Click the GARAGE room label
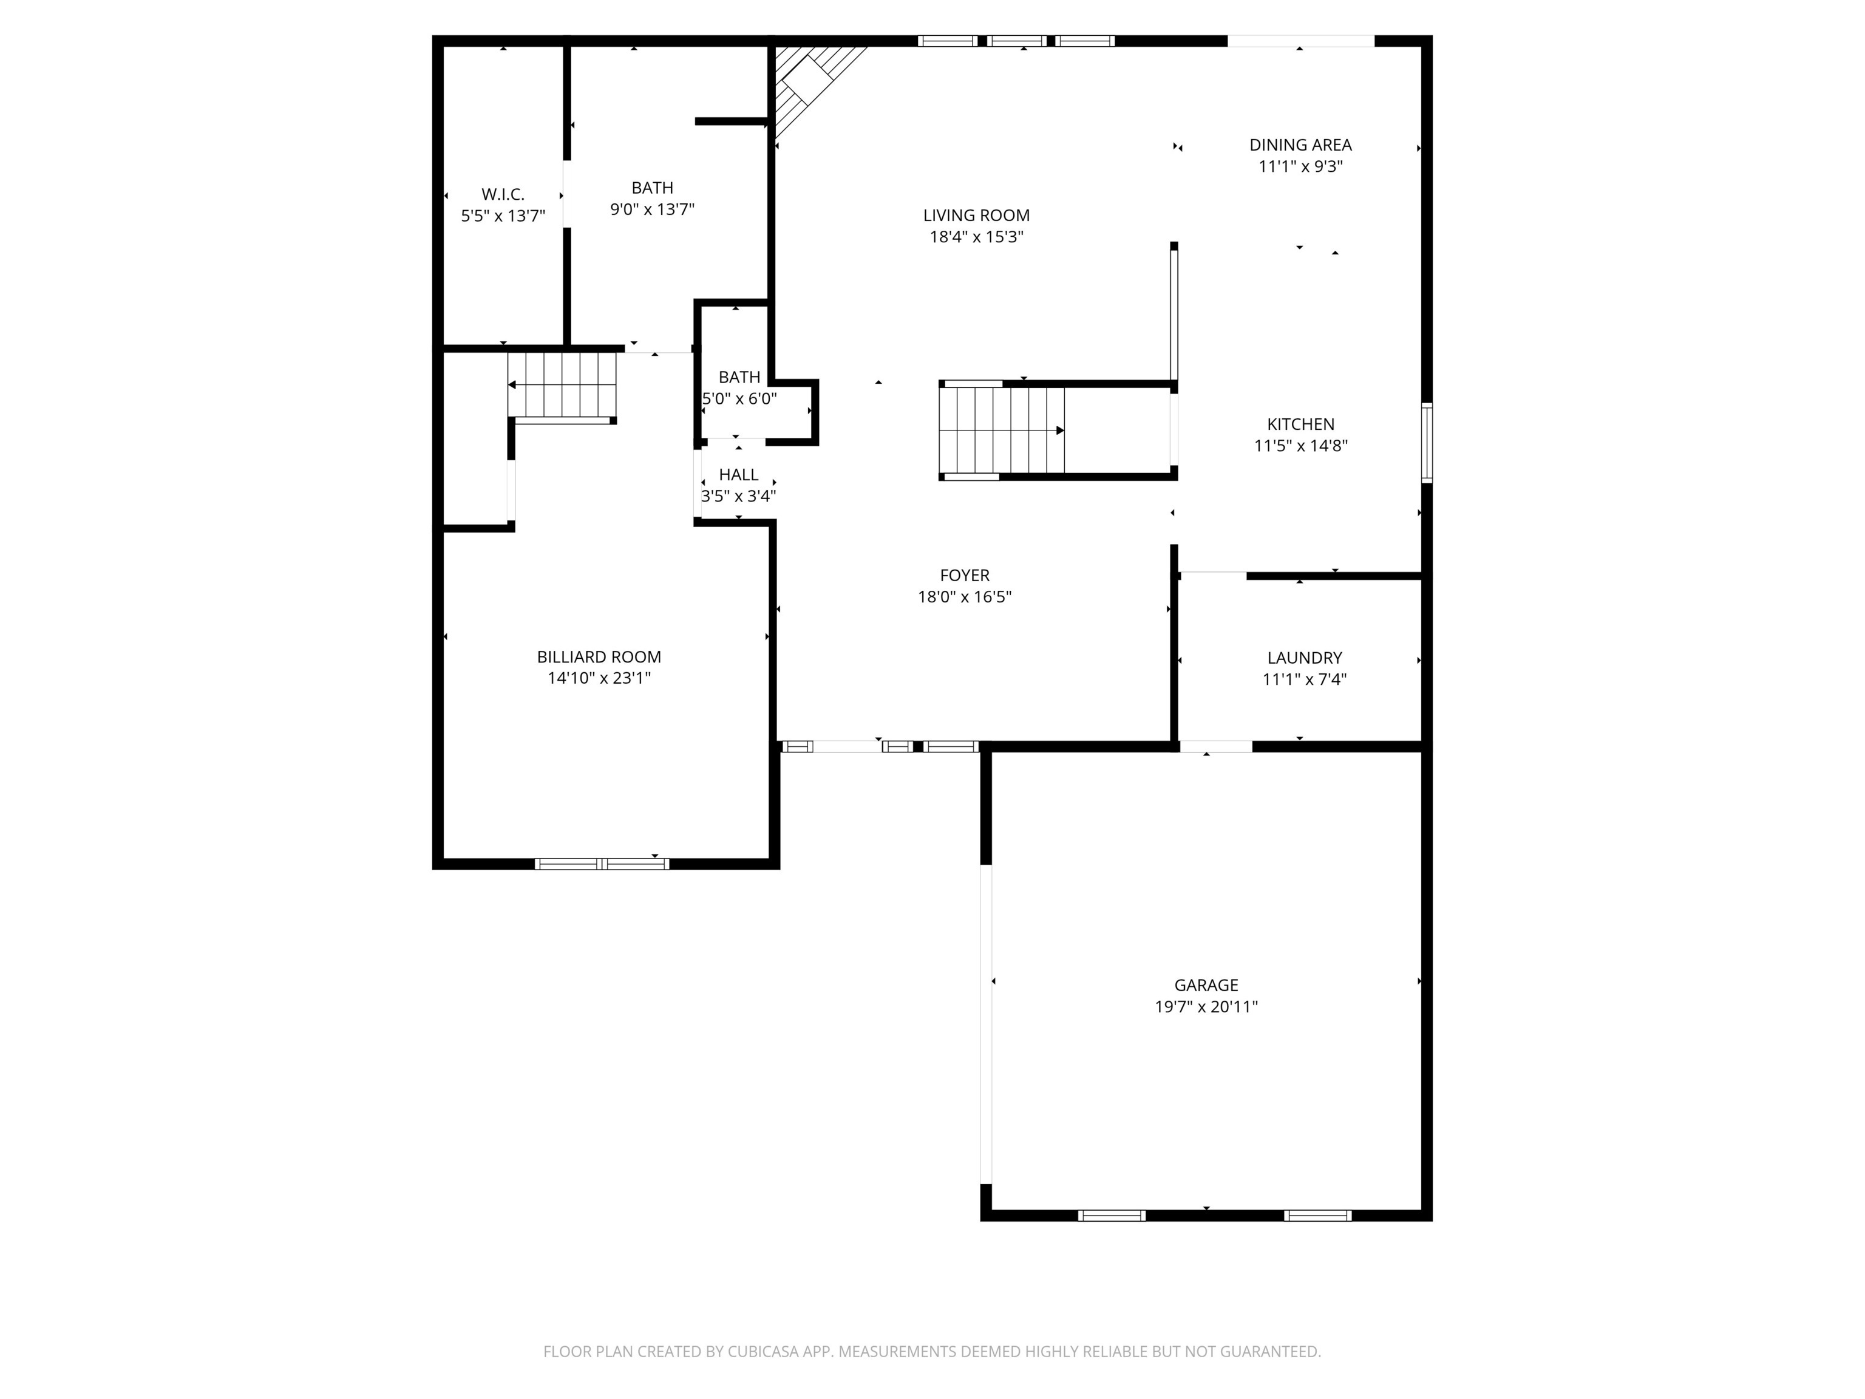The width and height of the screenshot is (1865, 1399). coord(1206,985)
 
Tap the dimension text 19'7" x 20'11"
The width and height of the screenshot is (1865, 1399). coord(1206,1007)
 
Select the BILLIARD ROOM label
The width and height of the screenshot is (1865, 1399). coord(599,657)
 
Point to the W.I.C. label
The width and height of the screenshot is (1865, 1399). coord(503,194)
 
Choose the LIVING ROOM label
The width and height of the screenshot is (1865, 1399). coord(976,216)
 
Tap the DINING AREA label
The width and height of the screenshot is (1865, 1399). coord(1300,145)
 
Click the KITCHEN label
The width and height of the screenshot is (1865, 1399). coord(1300,424)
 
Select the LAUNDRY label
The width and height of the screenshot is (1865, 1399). coord(1303,658)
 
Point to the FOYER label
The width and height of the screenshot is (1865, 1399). coord(965,575)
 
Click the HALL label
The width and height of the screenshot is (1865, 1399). coord(738,475)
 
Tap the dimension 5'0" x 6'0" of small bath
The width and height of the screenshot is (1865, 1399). coord(739,399)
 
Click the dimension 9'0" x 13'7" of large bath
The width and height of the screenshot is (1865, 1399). coord(652,209)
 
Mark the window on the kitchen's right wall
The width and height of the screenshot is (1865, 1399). coord(1427,443)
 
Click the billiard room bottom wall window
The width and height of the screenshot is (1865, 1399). coord(602,863)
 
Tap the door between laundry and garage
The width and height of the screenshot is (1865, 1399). coord(1215,746)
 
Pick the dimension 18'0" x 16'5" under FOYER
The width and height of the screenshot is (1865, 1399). coord(965,597)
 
